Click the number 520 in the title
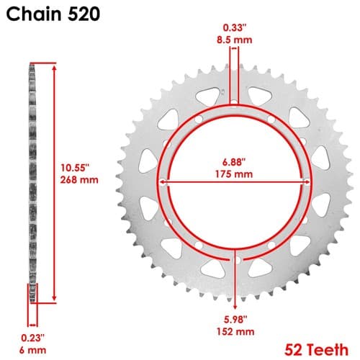(x=84, y=14)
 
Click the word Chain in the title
(x=34, y=14)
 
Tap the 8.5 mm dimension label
(x=235, y=40)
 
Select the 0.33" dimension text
(x=235, y=28)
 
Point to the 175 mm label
(x=234, y=174)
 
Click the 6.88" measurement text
(x=234, y=162)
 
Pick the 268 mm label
(x=79, y=180)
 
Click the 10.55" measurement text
(x=75, y=168)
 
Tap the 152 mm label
(x=235, y=332)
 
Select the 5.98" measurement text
(x=235, y=320)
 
